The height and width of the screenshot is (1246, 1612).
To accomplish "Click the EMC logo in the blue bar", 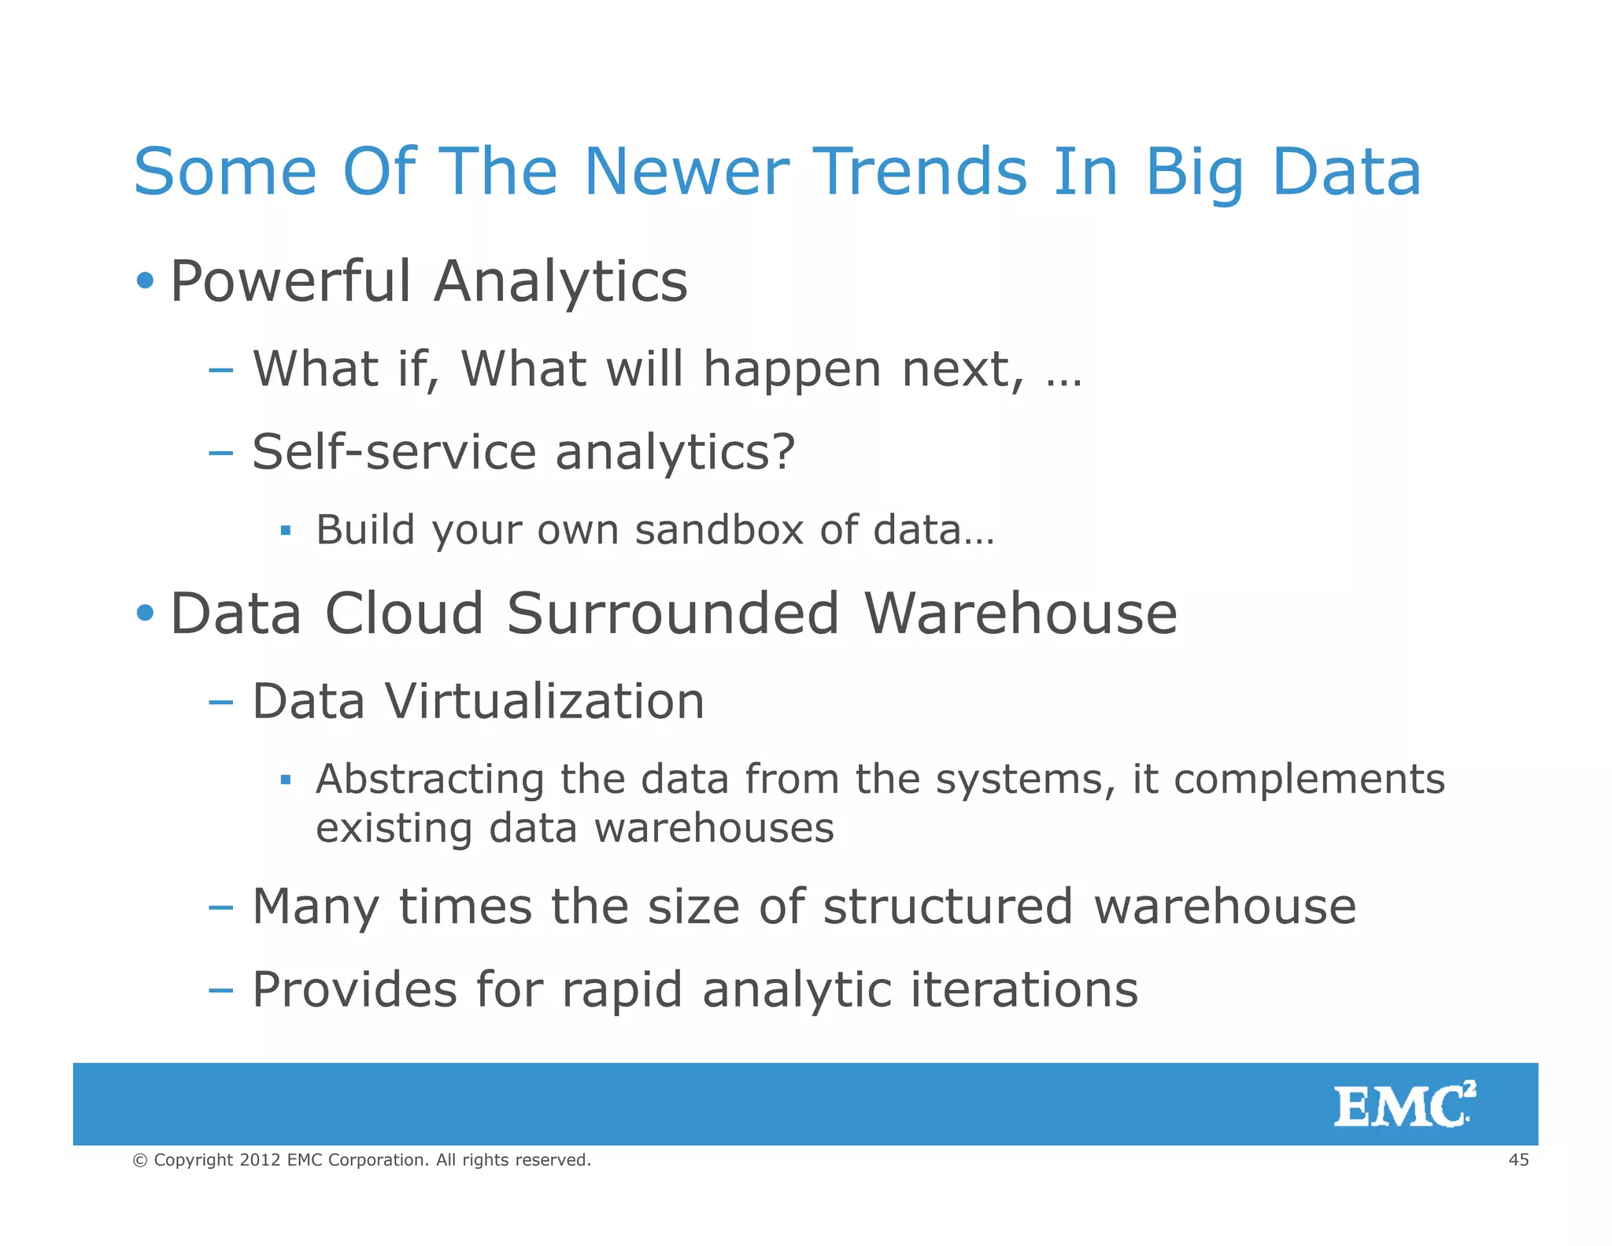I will [x=1403, y=1105].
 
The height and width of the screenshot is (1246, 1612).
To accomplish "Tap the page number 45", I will [x=1518, y=1159].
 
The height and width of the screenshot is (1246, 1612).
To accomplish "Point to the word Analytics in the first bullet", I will [x=560, y=282].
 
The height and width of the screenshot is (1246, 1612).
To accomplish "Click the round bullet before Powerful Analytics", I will [x=145, y=280].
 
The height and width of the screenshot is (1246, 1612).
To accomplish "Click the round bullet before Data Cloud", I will [x=145, y=613].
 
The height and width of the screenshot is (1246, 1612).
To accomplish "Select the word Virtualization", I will [x=544, y=701].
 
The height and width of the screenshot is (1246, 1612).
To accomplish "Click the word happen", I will [x=792, y=369].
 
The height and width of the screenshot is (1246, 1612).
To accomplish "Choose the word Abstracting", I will [x=430, y=780].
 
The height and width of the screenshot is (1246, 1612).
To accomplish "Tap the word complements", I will [x=1309, y=780].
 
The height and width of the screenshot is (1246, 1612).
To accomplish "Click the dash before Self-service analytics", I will [x=221, y=453].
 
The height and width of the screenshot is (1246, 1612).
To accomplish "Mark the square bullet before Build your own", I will [x=286, y=531].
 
